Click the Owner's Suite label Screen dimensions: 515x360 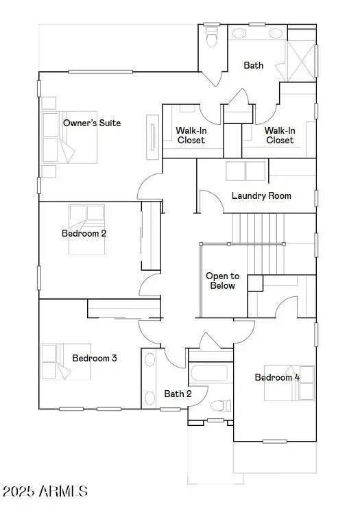pos(91,123)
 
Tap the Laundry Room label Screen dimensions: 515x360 pos(261,195)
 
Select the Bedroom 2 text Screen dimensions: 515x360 pos(84,233)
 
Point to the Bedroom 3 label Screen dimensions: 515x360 pos(95,358)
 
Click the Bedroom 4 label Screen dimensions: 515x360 pos(277,377)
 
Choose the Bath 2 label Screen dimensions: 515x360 pos(177,394)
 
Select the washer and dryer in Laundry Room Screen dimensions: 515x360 pos(244,171)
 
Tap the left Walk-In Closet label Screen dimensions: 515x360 pos(191,135)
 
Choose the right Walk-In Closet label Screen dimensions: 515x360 pos(279,135)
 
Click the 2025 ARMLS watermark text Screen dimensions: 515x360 pos(45,492)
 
